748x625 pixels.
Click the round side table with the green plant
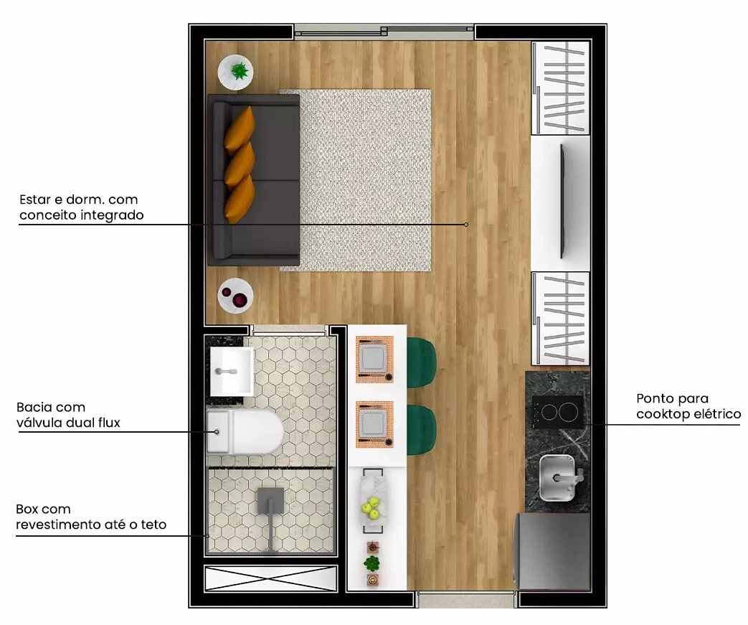[235, 72]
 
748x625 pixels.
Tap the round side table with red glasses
[235, 296]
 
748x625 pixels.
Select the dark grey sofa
[254, 180]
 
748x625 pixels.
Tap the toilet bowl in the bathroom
[245, 432]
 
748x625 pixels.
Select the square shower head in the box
[270, 501]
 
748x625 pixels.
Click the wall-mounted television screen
[563, 202]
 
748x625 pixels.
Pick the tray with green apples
[373, 501]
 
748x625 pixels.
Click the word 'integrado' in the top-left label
[112, 215]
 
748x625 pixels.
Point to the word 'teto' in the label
[153, 525]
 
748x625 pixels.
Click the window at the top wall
[384, 31]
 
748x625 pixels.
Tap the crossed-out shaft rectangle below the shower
[270, 578]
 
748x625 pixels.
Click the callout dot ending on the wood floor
[466, 225]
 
